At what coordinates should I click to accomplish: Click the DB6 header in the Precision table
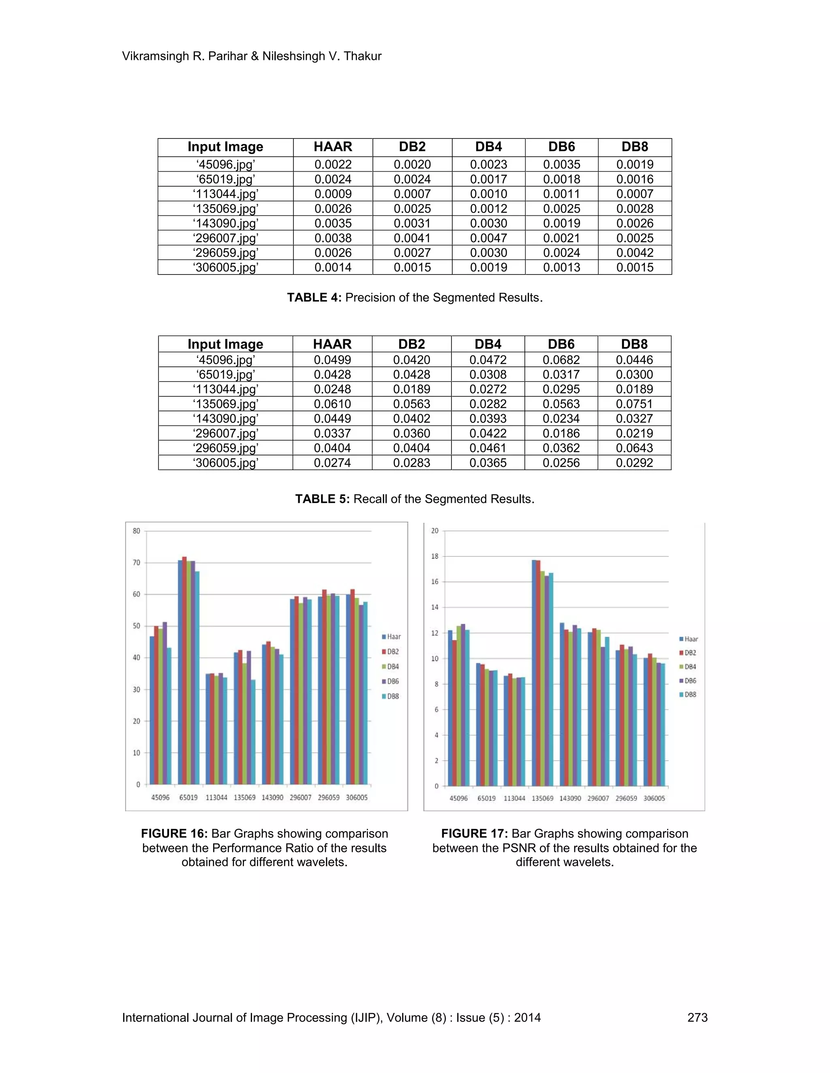562,147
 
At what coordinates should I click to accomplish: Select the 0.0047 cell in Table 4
488,238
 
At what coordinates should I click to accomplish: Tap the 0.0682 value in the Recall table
561,360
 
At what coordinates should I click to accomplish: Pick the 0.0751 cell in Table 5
634,404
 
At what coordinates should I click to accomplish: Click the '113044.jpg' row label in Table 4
225,194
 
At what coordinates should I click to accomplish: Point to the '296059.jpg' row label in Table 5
225,448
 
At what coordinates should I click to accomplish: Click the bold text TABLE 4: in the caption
314,298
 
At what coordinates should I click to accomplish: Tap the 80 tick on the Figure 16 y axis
136,531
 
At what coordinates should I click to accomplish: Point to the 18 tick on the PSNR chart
435,557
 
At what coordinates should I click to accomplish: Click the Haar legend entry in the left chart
392,637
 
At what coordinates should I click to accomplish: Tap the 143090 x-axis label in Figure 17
570,798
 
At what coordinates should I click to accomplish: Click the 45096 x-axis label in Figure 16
160,797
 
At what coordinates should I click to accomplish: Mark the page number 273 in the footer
697,1018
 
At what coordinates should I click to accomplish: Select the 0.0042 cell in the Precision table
635,253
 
